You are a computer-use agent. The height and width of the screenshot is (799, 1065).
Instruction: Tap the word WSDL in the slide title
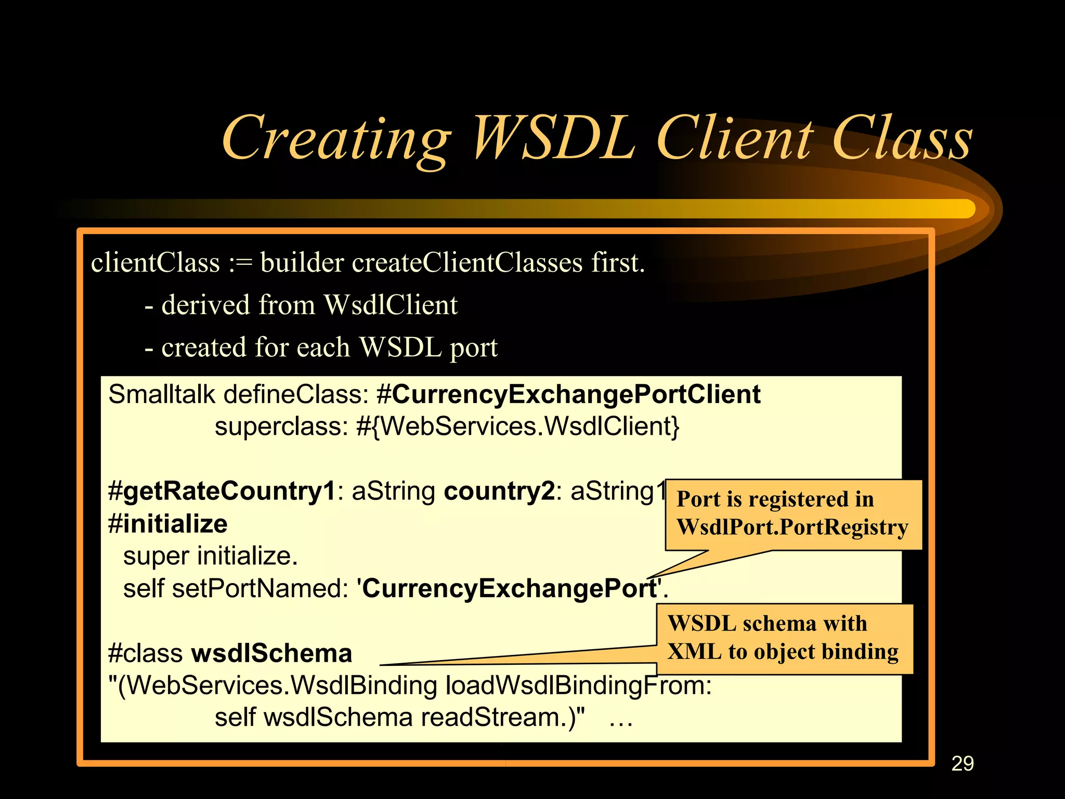tap(554, 138)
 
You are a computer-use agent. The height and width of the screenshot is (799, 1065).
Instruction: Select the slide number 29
tap(962, 763)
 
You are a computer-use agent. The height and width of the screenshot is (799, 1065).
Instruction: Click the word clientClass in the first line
tap(155, 262)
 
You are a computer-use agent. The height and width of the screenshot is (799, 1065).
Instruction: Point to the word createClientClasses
tap(467, 262)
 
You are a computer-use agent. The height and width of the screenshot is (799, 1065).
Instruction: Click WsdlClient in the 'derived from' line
tap(390, 305)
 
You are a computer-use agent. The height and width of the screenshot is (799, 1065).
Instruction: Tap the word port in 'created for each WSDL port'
tap(473, 348)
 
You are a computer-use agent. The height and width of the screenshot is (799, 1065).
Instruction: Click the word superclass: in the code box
tap(281, 427)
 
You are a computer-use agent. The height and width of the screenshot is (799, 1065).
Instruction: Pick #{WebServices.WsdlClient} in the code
tap(518, 427)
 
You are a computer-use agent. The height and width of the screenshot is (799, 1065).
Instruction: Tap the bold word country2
tap(499, 491)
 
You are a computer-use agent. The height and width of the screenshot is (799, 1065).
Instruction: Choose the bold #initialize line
tap(167, 524)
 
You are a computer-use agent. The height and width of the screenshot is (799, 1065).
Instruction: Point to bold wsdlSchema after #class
tap(271, 653)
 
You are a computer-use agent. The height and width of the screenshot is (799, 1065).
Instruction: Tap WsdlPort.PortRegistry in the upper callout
tap(792, 527)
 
